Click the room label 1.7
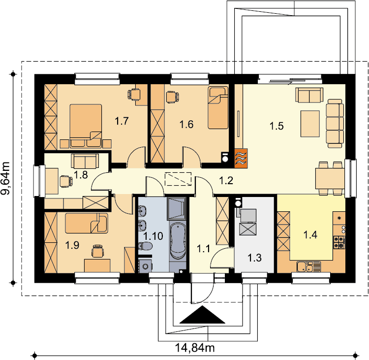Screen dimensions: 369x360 click(122, 121)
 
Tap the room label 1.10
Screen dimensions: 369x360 click(153, 236)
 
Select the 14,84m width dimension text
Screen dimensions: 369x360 click(195, 348)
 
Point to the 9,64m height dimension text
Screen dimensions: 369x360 click(5, 178)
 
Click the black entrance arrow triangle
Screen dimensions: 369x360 click(202, 315)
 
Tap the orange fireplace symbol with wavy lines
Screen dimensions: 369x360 click(241, 158)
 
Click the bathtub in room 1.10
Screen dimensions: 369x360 click(178, 241)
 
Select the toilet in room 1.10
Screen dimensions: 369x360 click(145, 246)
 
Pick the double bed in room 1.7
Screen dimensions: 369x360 click(86, 126)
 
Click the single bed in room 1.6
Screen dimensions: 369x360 click(218, 108)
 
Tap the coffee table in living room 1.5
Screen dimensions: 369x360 click(310, 124)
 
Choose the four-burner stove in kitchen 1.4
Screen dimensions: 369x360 click(339, 242)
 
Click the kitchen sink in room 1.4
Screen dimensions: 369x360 click(309, 267)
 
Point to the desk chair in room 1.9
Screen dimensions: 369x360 click(97, 251)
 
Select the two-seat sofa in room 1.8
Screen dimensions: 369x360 click(85, 161)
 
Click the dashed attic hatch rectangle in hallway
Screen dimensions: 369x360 click(178, 179)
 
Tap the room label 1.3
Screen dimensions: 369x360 click(254, 258)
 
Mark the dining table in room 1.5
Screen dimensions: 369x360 click(330, 178)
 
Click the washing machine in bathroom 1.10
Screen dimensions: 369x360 click(145, 266)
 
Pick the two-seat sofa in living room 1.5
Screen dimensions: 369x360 click(309, 95)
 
